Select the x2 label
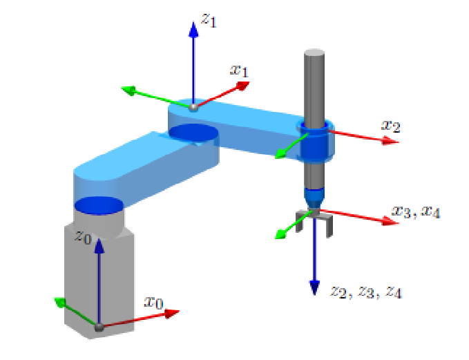click(x=390, y=126)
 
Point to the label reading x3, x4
click(x=415, y=212)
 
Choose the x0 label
click(x=153, y=302)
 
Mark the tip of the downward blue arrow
click(x=315, y=289)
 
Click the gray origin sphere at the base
click(x=99, y=327)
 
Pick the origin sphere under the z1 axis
click(x=193, y=106)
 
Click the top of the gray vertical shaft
click(x=314, y=53)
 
